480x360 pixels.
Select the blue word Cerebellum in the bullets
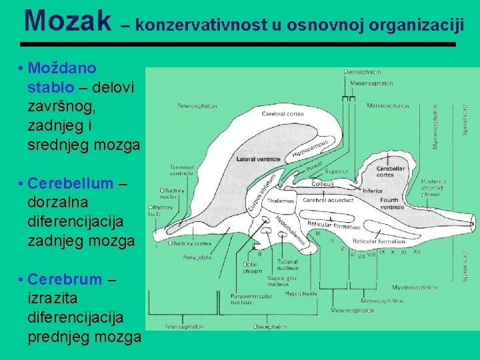(x=71, y=183)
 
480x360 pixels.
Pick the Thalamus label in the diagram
(x=281, y=201)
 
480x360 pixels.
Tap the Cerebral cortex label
(x=283, y=114)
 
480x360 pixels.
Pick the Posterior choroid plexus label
(x=434, y=188)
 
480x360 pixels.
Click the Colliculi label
(x=323, y=183)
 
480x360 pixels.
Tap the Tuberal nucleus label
(x=287, y=265)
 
